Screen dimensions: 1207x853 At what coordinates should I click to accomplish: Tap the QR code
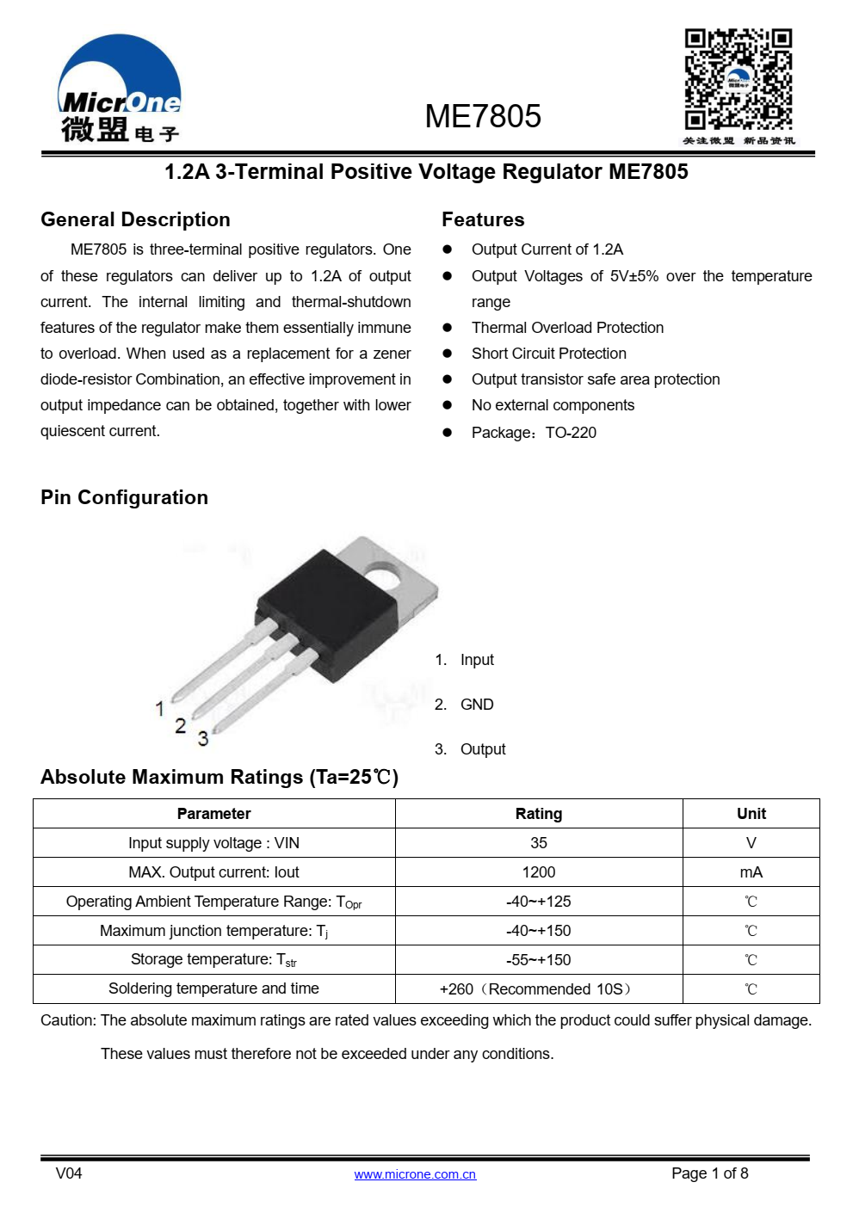738,79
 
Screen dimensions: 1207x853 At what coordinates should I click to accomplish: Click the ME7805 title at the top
483,117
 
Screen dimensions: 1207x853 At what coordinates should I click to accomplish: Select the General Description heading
135,219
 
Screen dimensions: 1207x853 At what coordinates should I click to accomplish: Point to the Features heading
483,219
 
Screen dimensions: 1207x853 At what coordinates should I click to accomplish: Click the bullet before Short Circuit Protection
447,354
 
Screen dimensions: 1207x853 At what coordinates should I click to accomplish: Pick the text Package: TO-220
534,433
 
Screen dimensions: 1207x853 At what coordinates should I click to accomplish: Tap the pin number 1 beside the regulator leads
159,708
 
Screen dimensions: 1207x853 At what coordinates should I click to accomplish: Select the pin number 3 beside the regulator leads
203,738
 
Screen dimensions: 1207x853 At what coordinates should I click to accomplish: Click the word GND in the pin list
477,705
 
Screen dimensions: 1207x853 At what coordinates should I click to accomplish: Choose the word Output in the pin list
483,749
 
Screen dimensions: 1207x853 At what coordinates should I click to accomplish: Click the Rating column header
539,814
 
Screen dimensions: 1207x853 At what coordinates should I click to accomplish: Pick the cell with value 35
539,843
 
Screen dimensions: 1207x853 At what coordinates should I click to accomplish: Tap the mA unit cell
751,872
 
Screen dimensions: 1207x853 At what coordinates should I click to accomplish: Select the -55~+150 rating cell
539,960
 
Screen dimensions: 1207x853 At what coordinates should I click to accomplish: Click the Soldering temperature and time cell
213,988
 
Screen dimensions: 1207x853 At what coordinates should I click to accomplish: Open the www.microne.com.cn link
415,1174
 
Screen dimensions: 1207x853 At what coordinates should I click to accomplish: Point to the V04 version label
69,1173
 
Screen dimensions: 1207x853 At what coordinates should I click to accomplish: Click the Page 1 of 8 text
709,1173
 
